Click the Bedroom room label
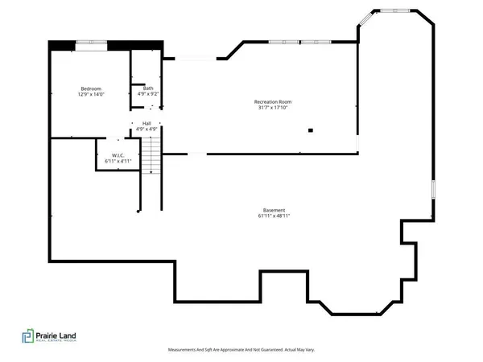coord(89,88)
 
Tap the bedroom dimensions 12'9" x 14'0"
coord(89,95)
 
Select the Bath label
coord(148,88)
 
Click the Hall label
coord(147,123)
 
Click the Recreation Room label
coord(273,101)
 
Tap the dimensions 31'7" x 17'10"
coord(273,109)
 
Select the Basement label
coord(273,209)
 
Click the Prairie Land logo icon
coord(29,339)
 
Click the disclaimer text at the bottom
coord(241,350)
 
